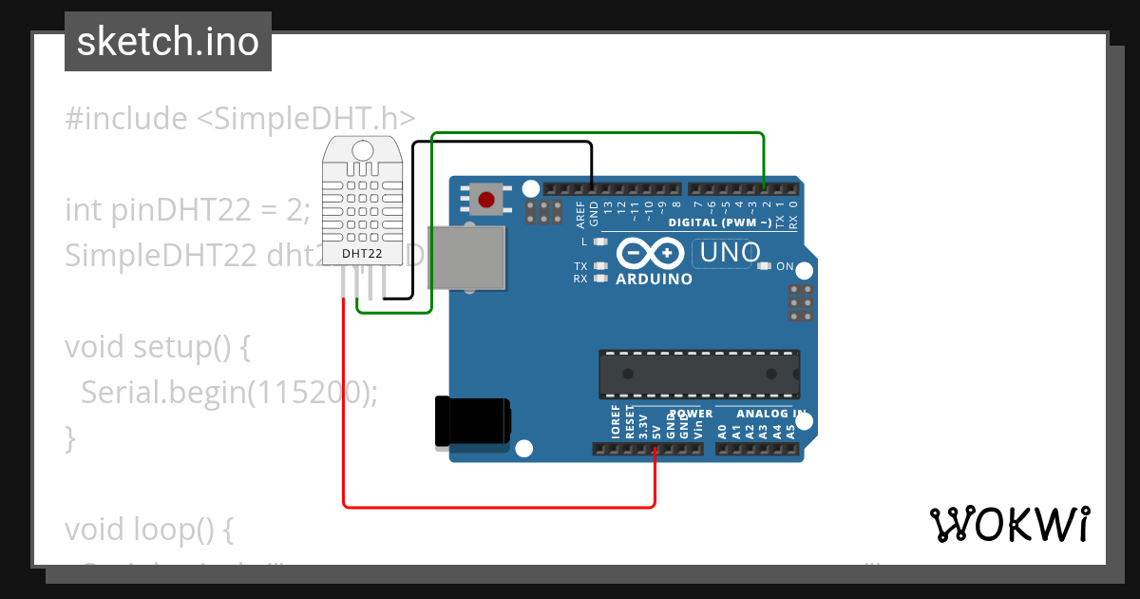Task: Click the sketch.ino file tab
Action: pos(168,42)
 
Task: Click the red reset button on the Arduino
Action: pos(486,200)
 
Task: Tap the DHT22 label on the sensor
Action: pos(362,254)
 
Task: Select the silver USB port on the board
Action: pos(465,257)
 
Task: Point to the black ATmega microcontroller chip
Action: pos(698,372)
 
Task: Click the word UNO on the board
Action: pos(727,253)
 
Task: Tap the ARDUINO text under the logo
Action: pos(655,280)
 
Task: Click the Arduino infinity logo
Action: pos(651,253)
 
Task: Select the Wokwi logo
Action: pos(1009,524)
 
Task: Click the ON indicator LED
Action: pos(765,266)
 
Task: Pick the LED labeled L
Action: pos(600,242)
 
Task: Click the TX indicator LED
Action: pos(600,266)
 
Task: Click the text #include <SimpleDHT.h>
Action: pos(240,119)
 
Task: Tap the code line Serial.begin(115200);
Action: pos(229,392)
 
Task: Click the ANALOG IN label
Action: pos(771,415)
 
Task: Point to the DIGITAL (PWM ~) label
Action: pos(719,222)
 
